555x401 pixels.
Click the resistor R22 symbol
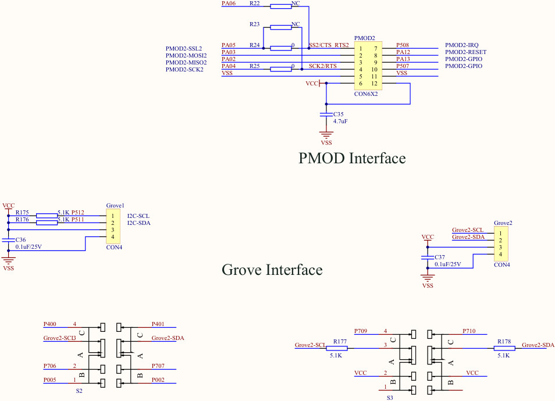[282, 6]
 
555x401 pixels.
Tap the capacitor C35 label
[338, 114]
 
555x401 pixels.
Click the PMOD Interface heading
[351, 158]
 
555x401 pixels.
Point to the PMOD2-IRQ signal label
[461, 45]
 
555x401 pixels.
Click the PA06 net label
[229, 3]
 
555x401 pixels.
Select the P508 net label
[403, 45]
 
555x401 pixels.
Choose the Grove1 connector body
[112, 227]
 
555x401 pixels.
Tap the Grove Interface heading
[272, 270]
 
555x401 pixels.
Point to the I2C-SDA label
[138, 223]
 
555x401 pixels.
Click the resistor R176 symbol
[47, 223]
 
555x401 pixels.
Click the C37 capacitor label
[440, 257]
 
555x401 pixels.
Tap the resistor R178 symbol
[504, 349]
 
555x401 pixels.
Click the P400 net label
[50, 324]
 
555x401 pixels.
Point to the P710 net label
[469, 331]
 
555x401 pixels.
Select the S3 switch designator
[390, 398]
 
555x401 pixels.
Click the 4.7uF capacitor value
[340, 121]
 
